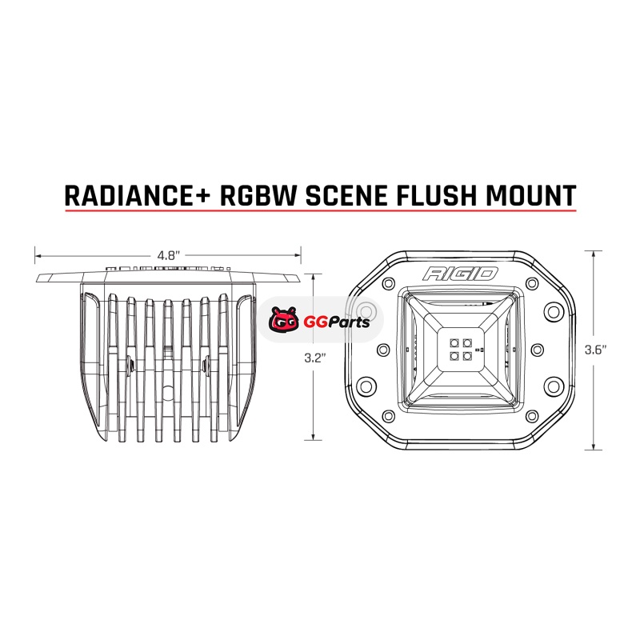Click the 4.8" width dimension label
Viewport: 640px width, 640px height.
167,255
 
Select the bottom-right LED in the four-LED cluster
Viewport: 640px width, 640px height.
465,355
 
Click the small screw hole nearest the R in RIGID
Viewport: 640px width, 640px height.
389,284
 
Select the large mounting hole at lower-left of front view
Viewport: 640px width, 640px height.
366,386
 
